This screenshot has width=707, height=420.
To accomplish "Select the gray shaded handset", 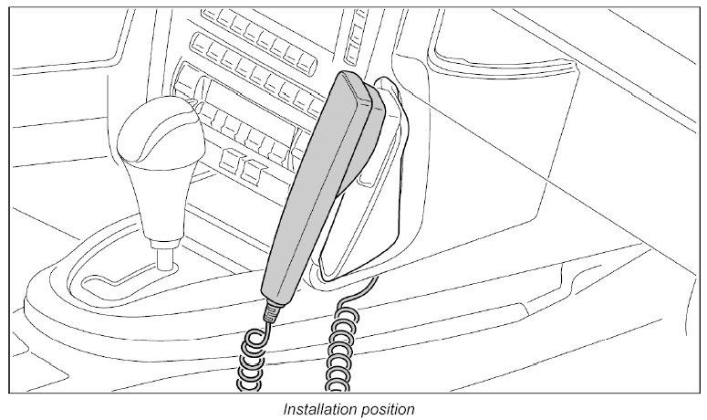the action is pyautogui.click(x=311, y=183).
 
